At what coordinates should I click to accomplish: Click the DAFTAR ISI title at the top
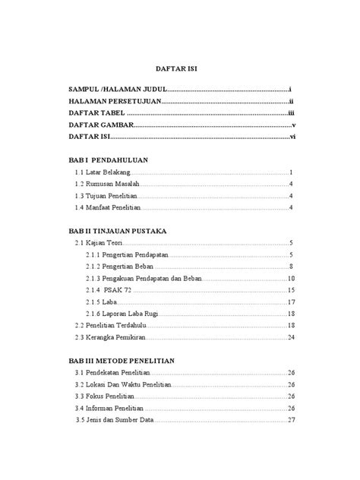179,68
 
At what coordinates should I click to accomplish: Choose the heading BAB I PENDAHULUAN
107,161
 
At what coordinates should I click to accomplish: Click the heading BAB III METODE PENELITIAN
122,360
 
